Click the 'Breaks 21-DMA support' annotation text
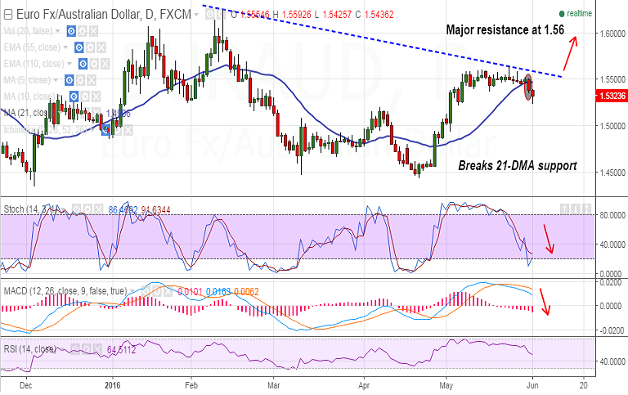click(x=517, y=166)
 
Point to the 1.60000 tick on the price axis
click(x=610, y=34)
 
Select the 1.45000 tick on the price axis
click(x=610, y=173)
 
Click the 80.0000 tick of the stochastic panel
click(x=610, y=215)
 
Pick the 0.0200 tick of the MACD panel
click(x=610, y=281)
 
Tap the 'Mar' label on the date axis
click(x=275, y=383)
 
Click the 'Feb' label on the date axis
click(x=192, y=383)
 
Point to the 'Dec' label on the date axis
click(x=25, y=383)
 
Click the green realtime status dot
click(x=561, y=14)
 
